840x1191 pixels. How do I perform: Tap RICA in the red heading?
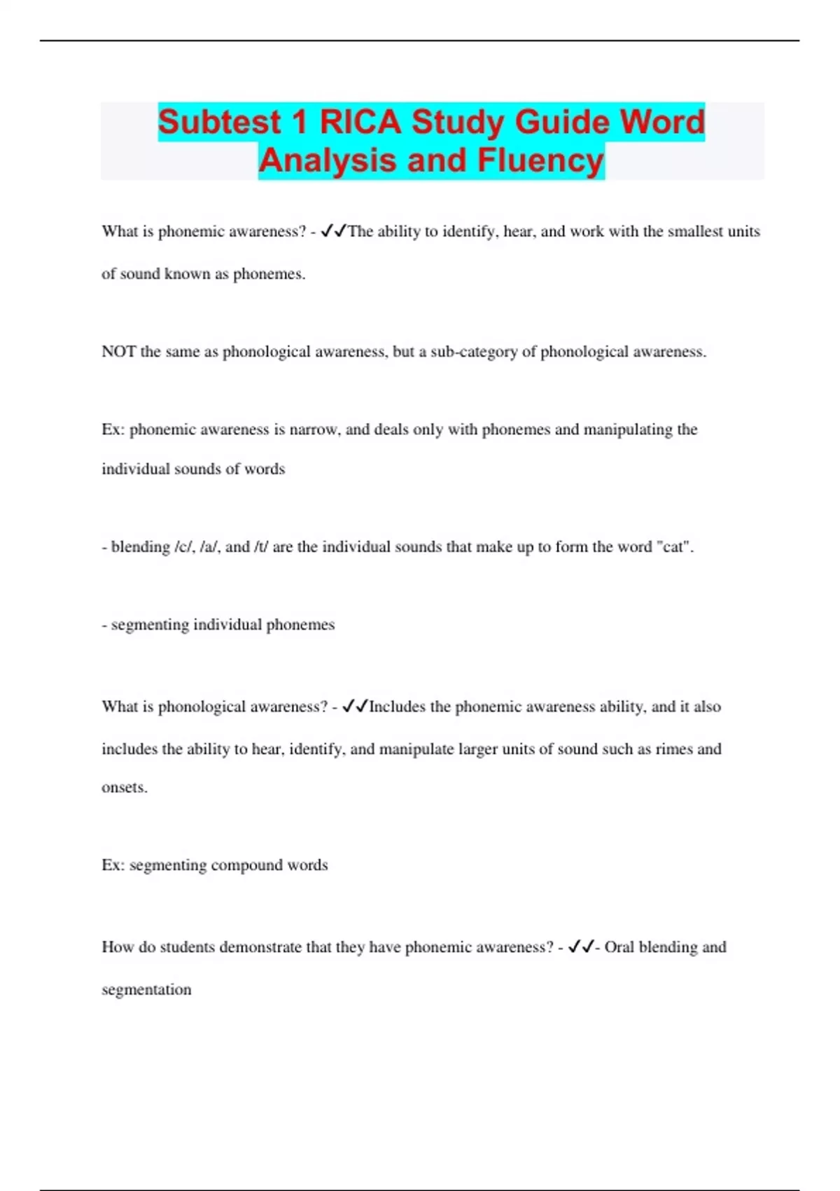(x=360, y=122)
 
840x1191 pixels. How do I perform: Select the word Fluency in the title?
(x=540, y=160)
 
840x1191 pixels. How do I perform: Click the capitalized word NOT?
(x=118, y=352)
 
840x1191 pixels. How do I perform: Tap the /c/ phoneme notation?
(x=183, y=547)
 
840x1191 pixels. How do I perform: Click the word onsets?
(x=124, y=787)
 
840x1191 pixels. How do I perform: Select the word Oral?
(x=619, y=947)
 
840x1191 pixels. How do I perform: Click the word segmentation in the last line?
(x=146, y=990)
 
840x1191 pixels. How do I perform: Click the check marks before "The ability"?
(x=333, y=232)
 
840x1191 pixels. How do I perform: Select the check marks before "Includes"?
(x=355, y=707)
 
